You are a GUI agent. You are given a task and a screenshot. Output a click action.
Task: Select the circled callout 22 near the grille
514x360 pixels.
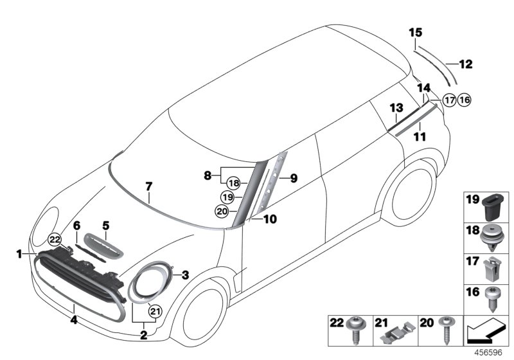(55, 239)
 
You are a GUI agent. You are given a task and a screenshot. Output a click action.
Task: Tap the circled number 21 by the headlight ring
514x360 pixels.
(154, 312)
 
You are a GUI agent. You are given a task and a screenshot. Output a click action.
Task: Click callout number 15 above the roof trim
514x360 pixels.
(415, 32)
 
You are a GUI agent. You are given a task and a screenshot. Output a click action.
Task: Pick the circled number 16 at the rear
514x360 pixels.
(465, 100)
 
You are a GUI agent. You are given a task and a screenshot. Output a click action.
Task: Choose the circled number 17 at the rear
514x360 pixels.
(449, 100)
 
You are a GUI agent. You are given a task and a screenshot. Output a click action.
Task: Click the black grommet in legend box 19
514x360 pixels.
(492, 208)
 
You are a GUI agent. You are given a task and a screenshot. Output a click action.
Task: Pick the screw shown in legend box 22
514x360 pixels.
(355, 331)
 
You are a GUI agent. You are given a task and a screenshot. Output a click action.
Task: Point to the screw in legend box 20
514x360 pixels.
(445, 332)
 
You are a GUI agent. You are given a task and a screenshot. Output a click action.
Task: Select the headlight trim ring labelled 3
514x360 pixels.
(150, 283)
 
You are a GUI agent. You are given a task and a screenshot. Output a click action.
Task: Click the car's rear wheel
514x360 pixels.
(409, 196)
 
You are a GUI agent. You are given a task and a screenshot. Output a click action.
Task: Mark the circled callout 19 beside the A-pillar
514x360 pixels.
(226, 197)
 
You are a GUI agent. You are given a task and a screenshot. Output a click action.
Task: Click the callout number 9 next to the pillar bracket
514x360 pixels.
(293, 178)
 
